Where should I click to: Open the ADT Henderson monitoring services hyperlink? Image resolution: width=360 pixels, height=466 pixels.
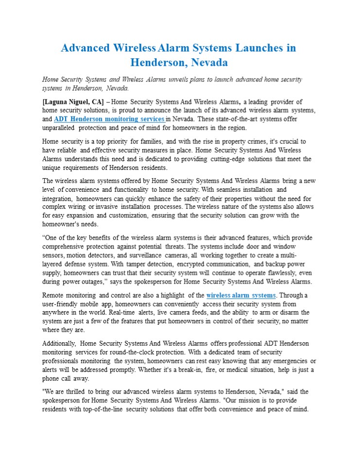[109, 119]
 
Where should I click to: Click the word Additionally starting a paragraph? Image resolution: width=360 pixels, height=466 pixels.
[59, 343]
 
